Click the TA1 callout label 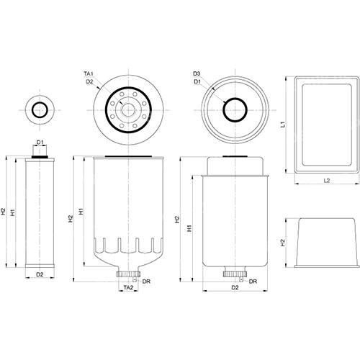[x=89, y=73]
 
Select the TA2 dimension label [x=128, y=287]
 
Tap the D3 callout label [x=197, y=73]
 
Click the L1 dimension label [x=284, y=125]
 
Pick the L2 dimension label [x=327, y=181]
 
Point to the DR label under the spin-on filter [x=146, y=282]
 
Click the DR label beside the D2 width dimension [x=253, y=282]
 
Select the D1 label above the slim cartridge [x=40, y=143]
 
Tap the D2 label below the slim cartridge [x=40, y=274]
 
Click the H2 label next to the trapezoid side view [x=283, y=243]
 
